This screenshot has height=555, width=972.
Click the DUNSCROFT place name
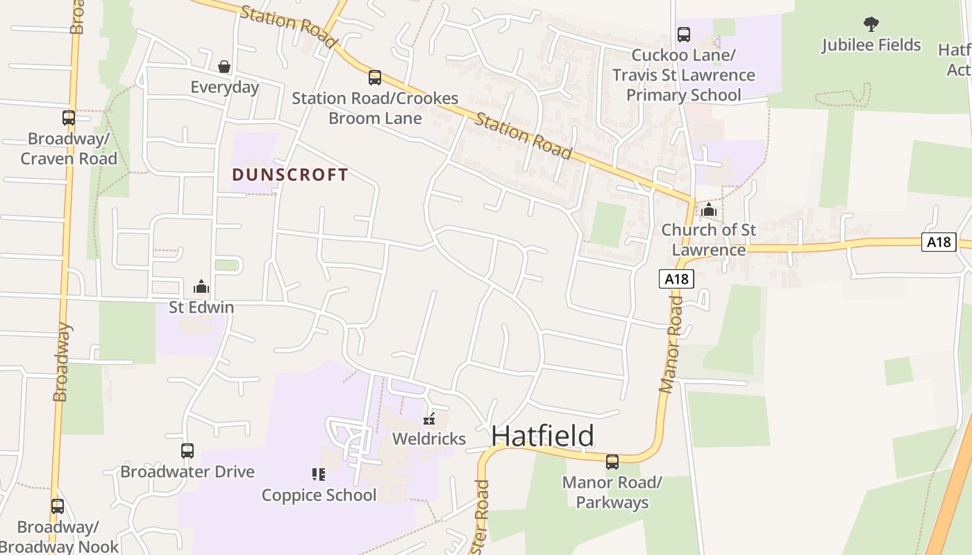click(290, 174)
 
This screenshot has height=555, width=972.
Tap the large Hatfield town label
click(542, 436)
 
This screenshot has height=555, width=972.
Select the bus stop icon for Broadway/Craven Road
click(68, 118)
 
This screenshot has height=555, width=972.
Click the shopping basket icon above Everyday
click(224, 67)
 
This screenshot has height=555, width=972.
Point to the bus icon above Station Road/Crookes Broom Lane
click(375, 77)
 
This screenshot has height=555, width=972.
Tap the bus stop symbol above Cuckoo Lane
click(683, 35)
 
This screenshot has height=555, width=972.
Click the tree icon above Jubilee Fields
click(871, 24)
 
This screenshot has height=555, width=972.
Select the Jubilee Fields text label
click(871, 45)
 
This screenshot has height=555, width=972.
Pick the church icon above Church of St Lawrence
click(708, 210)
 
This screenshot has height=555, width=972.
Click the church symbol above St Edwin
click(201, 286)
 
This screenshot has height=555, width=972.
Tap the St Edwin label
click(201, 307)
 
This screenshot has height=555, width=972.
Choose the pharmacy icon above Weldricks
click(429, 418)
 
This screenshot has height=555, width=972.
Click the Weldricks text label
click(429, 438)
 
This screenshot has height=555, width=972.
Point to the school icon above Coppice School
click(319, 475)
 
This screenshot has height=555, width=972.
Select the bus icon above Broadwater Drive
click(187, 451)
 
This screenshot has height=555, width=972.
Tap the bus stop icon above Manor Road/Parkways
click(612, 461)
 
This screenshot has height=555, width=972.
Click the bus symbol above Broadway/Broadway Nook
click(58, 506)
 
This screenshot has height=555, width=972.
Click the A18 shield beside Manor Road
click(676, 279)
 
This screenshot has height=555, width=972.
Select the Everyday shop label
click(224, 87)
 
